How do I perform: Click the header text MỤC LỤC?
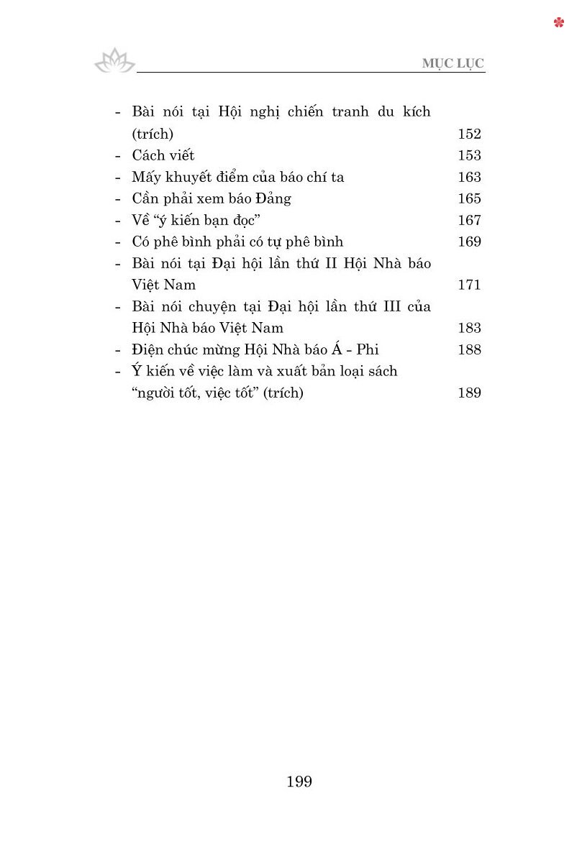[453, 63]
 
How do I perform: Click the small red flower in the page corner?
[559, 23]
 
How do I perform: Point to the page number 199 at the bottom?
[299, 782]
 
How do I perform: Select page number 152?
[469, 134]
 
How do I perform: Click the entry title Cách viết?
[163, 155]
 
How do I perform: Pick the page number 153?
[469, 155]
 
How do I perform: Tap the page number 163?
[469, 177]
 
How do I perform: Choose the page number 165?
[469, 198]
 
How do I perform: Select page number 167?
[469, 220]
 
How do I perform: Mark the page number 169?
[469, 242]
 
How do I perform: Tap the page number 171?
[469, 285]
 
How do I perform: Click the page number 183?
[469, 328]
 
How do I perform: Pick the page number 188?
[469, 349]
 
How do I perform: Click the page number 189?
[469, 393]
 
